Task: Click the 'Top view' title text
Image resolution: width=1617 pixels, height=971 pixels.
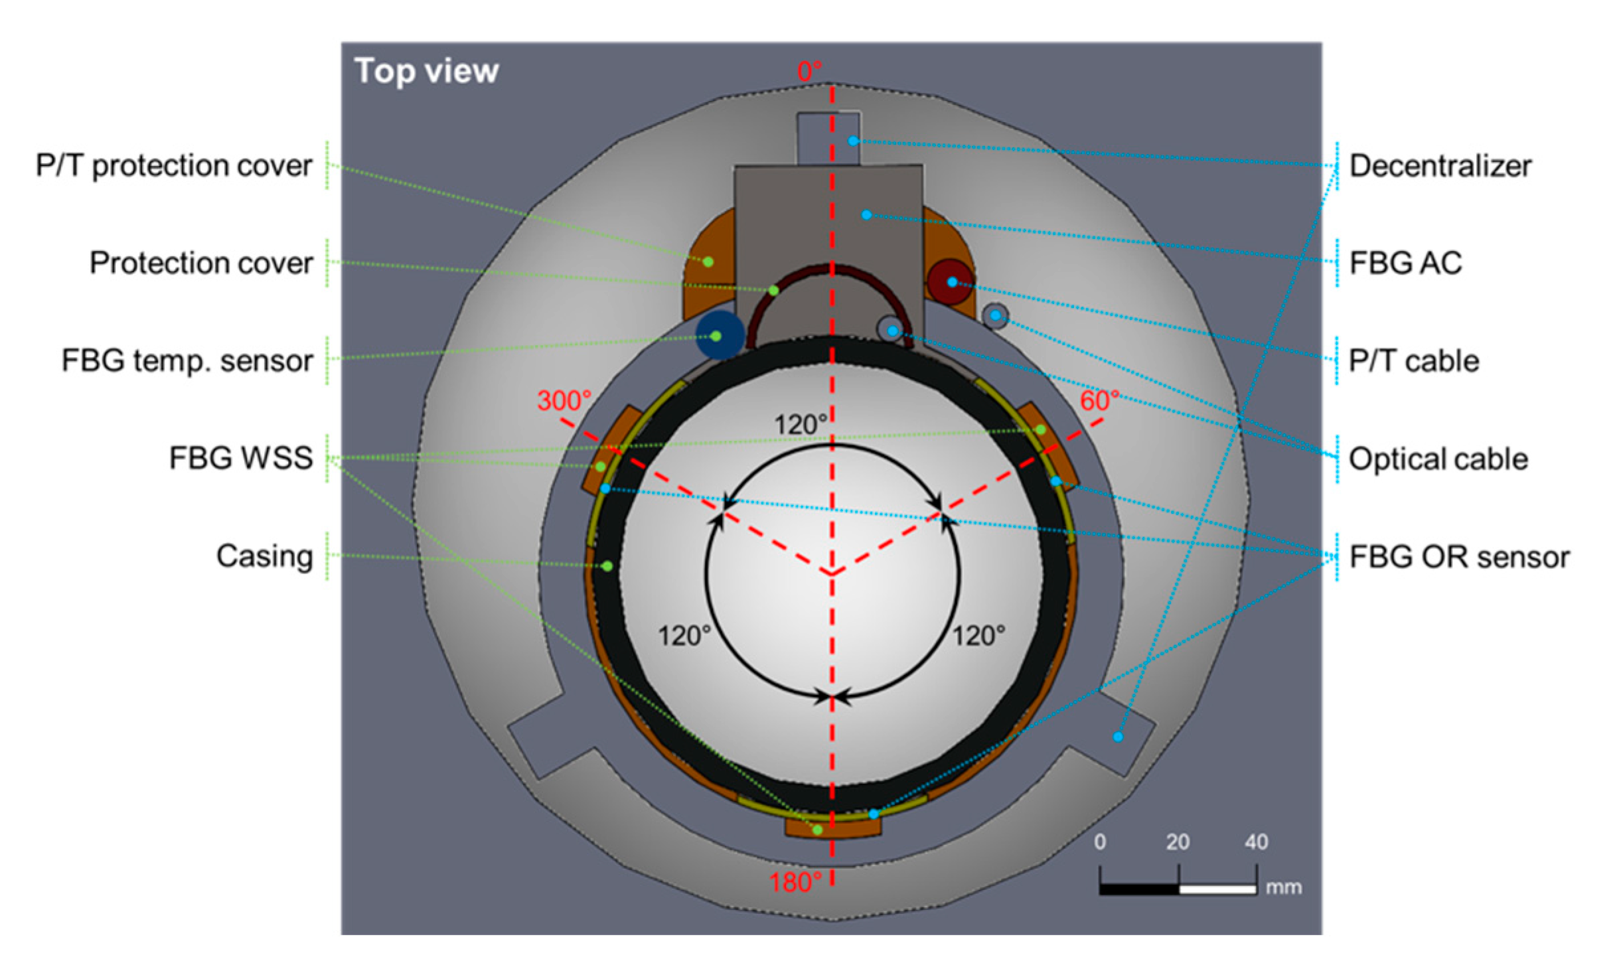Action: tap(426, 70)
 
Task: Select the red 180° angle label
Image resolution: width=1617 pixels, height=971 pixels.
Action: tap(795, 883)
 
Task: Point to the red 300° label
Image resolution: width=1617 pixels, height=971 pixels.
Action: tap(564, 401)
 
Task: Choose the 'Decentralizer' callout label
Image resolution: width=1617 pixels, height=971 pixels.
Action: tap(1440, 166)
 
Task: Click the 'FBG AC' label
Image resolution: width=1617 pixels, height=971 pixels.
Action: tap(1405, 263)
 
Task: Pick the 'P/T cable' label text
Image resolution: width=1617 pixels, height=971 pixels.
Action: tap(1414, 361)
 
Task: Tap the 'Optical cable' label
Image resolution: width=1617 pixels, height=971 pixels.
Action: tap(1438, 459)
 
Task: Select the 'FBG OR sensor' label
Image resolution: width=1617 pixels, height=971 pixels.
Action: tap(1459, 557)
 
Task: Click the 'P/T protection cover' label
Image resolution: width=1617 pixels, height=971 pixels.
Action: tap(174, 166)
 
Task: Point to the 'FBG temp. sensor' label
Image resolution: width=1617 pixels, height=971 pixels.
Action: tap(187, 361)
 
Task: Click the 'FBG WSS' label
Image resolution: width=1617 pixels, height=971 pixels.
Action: tap(241, 458)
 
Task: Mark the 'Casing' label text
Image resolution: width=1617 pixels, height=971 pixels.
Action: tap(264, 556)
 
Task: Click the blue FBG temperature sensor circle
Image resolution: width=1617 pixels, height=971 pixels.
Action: tap(720, 335)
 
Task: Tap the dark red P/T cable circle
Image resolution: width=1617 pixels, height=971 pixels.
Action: tap(950, 282)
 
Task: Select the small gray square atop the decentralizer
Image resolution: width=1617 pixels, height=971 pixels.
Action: tap(828, 139)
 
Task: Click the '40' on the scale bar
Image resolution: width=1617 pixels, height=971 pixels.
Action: tap(1256, 842)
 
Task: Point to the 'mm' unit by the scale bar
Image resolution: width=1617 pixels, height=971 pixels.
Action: tap(1283, 887)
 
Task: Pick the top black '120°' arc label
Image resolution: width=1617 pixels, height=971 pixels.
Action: tap(801, 425)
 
